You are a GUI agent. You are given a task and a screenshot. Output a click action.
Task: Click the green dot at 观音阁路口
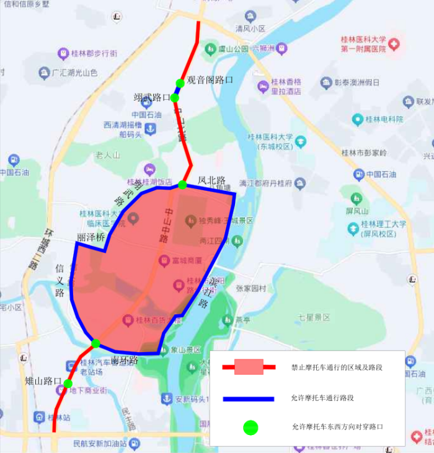point(180,83)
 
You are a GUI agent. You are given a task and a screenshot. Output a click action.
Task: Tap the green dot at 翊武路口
point(175,97)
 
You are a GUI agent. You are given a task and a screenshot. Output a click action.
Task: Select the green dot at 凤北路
point(182,184)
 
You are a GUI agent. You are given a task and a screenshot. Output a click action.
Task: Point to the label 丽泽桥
point(91,237)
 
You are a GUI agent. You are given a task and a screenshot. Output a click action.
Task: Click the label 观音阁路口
point(210,80)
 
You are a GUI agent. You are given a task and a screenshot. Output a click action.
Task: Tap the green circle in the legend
point(250,426)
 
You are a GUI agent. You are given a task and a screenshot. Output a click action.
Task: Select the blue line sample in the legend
point(248,398)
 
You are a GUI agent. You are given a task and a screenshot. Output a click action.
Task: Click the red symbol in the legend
point(249,367)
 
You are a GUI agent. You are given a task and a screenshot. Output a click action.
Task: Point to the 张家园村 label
point(250,288)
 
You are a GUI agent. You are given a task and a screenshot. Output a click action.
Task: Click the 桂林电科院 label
point(384,119)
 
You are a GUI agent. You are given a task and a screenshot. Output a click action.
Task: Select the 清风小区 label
point(250,29)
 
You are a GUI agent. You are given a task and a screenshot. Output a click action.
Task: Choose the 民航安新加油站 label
point(99,444)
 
